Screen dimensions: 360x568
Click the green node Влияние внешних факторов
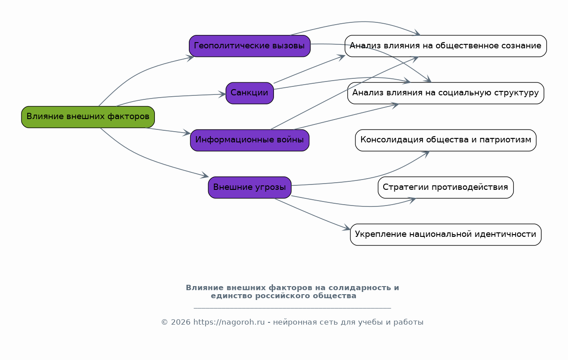[x=88, y=117]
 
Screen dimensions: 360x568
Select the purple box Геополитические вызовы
[x=249, y=46]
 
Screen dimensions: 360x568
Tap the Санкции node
[x=249, y=93]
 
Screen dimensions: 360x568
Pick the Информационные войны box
[x=249, y=140]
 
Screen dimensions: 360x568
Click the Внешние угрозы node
[x=249, y=187]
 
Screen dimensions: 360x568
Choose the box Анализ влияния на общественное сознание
[x=445, y=46]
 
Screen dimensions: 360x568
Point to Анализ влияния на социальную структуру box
[x=445, y=93]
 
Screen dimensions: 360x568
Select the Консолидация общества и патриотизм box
[x=445, y=140]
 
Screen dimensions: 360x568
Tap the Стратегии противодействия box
[x=445, y=187]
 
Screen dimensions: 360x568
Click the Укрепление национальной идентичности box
[x=445, y=234]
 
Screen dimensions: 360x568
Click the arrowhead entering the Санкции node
[x=222, y=94]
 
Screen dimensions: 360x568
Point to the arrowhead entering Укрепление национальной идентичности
[x=346, y=229]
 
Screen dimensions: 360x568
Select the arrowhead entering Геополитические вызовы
[x=190, y=57]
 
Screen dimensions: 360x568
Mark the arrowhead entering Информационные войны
[x=187, y=133]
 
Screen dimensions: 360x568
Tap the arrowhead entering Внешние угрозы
[x=205, y=176]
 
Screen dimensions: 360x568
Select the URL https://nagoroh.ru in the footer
[x=229, y=322]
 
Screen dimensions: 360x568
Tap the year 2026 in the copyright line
[x=180, y=322]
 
